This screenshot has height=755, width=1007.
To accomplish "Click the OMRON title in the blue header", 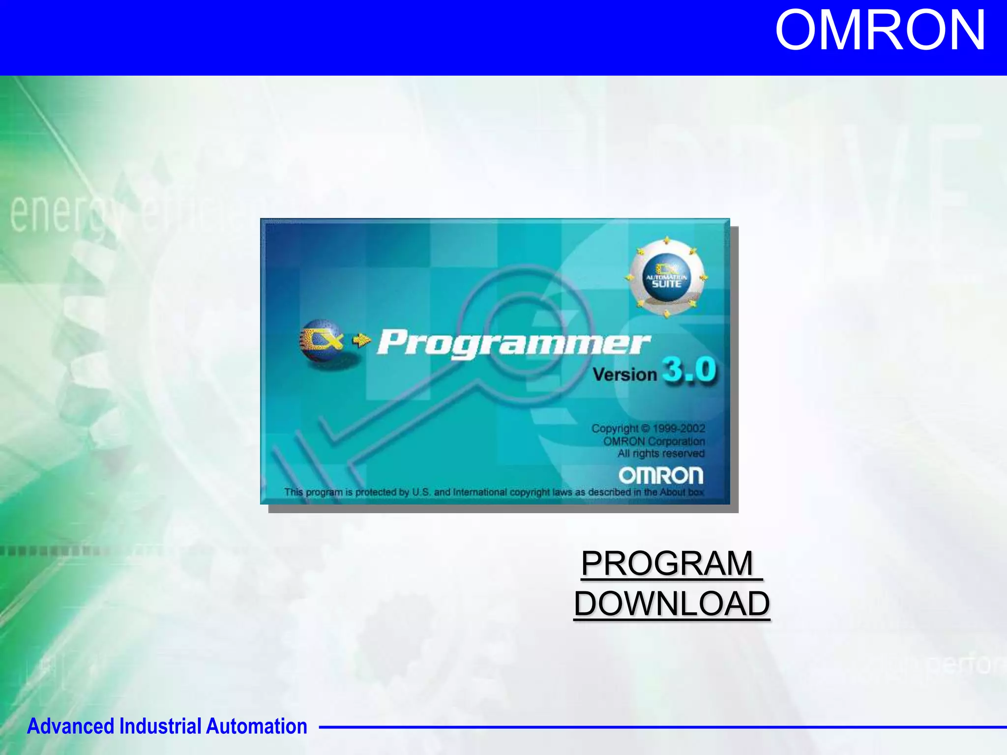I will click(880, 30).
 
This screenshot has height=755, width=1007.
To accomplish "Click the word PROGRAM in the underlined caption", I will click(667, 563).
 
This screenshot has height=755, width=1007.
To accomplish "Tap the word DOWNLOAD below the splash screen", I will click(672, 604).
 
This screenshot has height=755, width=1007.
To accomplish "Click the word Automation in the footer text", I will click(256, 726).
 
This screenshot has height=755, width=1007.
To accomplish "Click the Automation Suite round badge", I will click(666, 278).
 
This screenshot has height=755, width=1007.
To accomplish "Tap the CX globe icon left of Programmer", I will click(321, 340).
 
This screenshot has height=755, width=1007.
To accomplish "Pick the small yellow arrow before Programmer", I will click(362, 340).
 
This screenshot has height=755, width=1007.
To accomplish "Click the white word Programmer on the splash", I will click(514, 343).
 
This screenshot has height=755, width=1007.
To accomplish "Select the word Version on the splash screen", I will click(624, 375).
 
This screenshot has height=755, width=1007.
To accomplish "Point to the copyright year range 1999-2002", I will click(679, 429).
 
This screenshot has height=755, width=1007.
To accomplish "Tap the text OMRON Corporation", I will click(654, 441).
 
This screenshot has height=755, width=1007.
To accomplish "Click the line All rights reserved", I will click(661, 453).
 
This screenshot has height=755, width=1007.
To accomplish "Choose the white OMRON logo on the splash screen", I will click(661, 475).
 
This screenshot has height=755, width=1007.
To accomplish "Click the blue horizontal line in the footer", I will click(659, 727).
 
